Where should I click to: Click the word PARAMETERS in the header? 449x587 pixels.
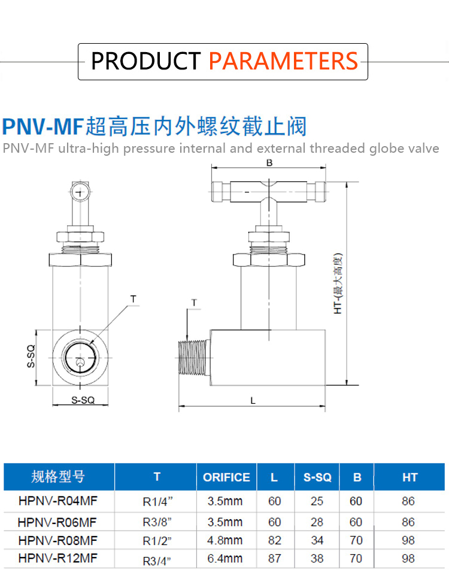coord(283,61)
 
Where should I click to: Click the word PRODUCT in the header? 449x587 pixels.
coord(145,61)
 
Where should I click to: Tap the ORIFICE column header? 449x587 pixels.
coord(226,477)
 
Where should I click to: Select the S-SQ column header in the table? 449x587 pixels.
coord(317,477)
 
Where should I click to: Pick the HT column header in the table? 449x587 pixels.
coord(409,477)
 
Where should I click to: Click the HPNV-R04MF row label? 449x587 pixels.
coord(57,501)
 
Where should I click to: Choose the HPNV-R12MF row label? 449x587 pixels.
coord(57,559)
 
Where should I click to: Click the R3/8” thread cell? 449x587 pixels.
coord(157,522)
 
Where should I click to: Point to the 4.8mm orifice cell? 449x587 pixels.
coord(225,540)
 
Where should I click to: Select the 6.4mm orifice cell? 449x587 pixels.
coord(225,559)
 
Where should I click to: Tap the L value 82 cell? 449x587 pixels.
coord(275,540)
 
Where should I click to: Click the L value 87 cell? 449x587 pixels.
coord(275,559)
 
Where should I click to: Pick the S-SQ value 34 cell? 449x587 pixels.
coord(317,540)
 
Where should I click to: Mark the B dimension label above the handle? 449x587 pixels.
coord(269,163)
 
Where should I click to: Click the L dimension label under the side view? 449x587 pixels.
coord(253,401)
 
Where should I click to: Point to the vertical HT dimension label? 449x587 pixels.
coord(338,285)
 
